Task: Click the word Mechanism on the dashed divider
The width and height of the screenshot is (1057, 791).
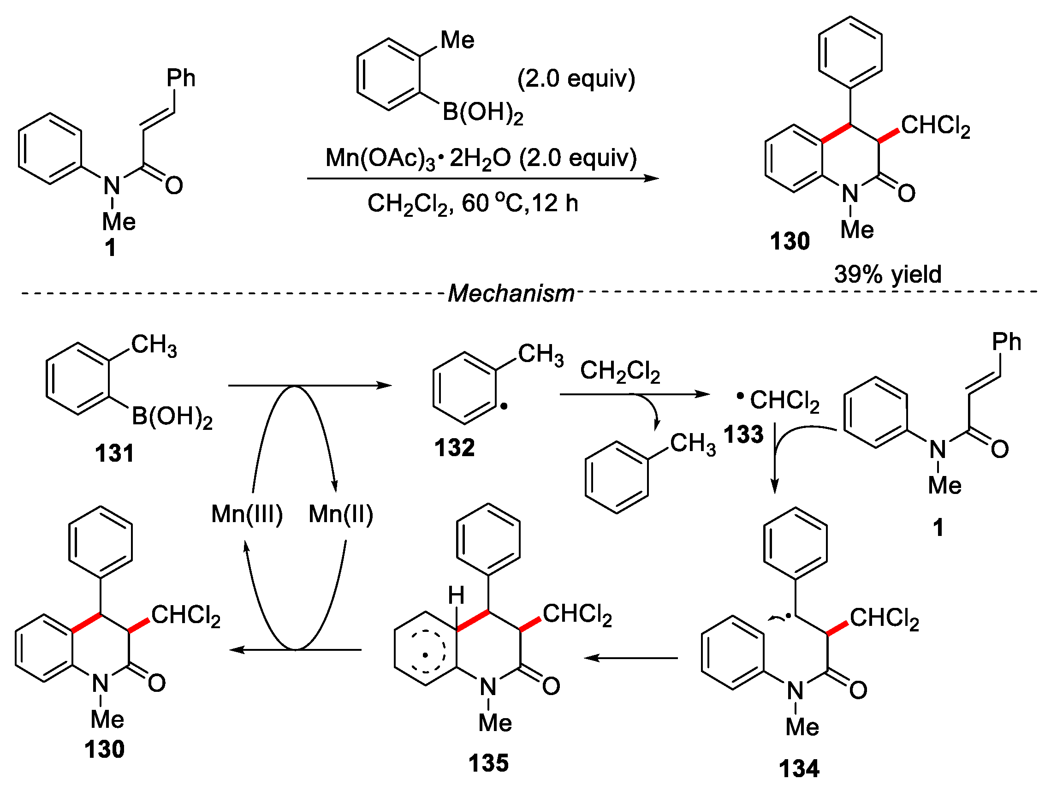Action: coord(511,293)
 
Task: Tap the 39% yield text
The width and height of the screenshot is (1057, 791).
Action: coord(887,274)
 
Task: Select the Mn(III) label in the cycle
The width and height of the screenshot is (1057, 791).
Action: coord(247,514)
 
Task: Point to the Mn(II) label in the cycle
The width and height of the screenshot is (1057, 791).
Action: coord(341,514)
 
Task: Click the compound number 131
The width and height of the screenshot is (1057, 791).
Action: coord(114,452)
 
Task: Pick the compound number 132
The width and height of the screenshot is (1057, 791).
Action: coord(454,447)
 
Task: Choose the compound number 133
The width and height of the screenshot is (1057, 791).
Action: coord(743,434)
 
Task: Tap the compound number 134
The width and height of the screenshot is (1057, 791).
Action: coord(799,768)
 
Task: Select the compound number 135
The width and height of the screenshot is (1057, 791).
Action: coord(488,763)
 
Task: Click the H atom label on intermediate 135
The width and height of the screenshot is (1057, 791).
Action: coord(456,595)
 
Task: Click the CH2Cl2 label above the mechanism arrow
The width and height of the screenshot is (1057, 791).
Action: coord(620,371)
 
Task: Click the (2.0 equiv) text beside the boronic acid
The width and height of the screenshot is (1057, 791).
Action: coord(576,78)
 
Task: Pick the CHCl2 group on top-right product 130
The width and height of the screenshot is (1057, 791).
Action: coord(936,126)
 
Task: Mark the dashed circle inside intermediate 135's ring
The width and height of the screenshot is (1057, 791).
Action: coord(425,654)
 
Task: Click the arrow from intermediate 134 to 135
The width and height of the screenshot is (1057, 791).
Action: coord(631,658)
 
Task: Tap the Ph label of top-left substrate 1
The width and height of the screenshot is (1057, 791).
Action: coord(181,78)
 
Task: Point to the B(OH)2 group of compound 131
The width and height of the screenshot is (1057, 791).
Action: coord(172,417)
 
